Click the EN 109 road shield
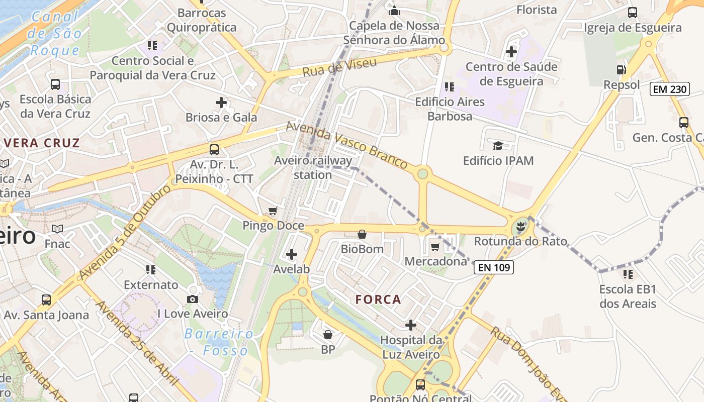tap(494, 267)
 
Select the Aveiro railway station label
tap(313, 168)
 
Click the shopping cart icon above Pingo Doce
tap(273, 211)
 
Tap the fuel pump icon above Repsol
tap(622, 70)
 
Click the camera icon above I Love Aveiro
tap(192, 299)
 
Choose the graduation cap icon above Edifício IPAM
tap(498, 146)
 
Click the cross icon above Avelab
tap(291, 254)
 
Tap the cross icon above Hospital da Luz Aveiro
tap(411, 325)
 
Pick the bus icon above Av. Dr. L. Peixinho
tap(214, 149)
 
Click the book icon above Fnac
tap(57, 229)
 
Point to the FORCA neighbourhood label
tap(378, 299)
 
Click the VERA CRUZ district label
tap(42, 143)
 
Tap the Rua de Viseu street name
tap(339, 67)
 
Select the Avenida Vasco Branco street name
tap(346, 145)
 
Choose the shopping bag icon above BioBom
tap(362, 234)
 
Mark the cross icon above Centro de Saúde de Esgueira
tap(511, 52)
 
